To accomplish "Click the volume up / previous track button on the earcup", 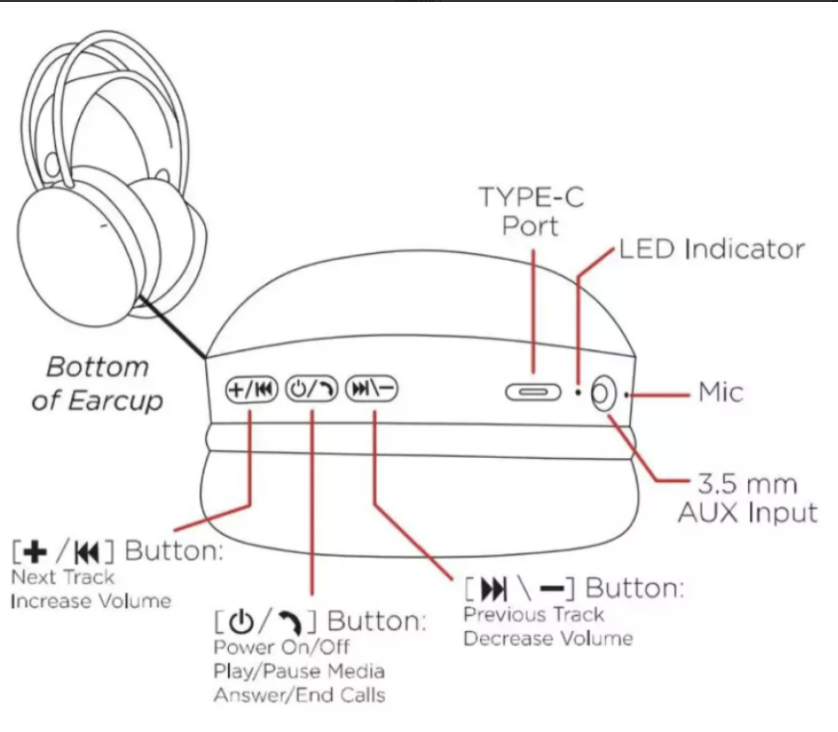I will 251,390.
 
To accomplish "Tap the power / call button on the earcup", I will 311,390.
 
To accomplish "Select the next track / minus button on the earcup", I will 371,389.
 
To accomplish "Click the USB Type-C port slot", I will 533,392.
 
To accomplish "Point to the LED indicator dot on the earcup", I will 578,393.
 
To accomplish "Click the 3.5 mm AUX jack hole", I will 603,393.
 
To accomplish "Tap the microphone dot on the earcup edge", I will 626,395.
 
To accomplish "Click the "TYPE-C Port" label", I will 531,211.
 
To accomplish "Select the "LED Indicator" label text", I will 712,249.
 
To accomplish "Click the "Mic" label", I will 721,392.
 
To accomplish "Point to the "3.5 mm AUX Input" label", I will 747,499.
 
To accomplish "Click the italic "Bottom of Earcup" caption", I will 97,384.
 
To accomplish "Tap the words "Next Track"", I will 63,577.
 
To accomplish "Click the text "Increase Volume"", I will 91,601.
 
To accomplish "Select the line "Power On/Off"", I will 281,647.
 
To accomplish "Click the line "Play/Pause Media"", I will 299,671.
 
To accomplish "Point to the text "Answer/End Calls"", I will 299,695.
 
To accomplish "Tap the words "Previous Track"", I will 534,615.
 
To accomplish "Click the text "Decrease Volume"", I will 548,639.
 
